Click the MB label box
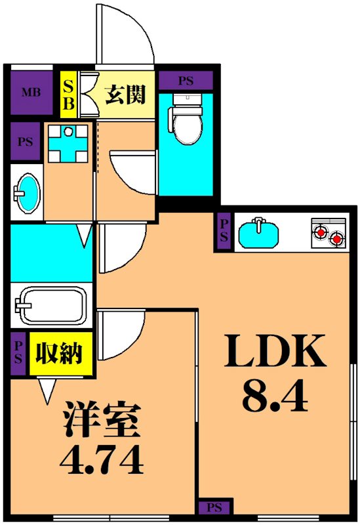pos(28,92)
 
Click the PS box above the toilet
pos(186,81)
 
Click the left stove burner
pos(320,231)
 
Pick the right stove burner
pos(337,239)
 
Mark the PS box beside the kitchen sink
pos(224,233)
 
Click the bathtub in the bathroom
pos(50,304)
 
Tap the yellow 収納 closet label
pos(59,354)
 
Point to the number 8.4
pos(275,395)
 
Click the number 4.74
pos(102,462)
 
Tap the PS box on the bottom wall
pos(214,507)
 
